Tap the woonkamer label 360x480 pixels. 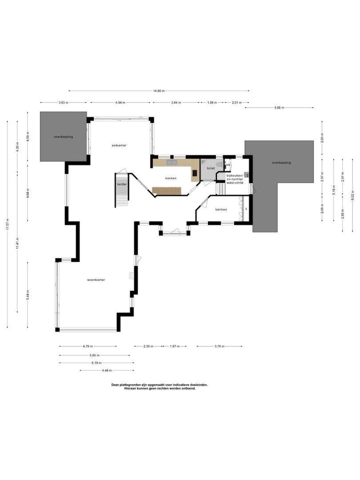pos(96,280)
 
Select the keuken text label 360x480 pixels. pos(171,178)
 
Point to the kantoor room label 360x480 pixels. pos(221,209)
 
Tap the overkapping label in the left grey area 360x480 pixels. pos(64,136)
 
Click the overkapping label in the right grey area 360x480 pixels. pos(281,163)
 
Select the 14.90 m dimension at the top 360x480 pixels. pos(159,91)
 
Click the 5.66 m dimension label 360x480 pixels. pos(279,108)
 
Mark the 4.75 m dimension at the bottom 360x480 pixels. pos(88,346)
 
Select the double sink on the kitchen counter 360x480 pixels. pos(172,163)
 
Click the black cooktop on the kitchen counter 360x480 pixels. pos(195,172)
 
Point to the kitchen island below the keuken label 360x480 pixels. pos(167,191)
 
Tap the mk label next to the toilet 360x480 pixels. pos(228,165)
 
